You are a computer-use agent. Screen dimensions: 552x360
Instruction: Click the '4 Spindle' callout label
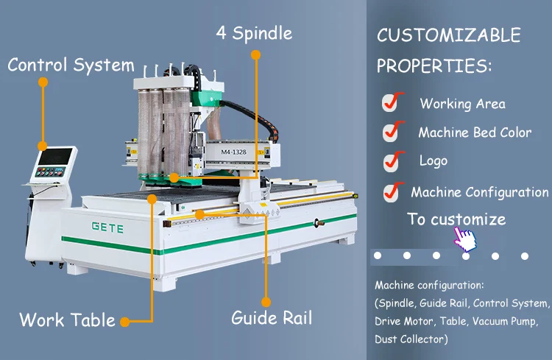click(x=254, y=33)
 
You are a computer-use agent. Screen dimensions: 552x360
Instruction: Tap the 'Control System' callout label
click(x=71, y=66)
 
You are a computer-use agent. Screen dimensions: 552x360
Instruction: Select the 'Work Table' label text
click(x=67, y=320)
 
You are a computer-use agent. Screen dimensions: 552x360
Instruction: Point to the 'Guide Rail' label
click(x=272, y=318)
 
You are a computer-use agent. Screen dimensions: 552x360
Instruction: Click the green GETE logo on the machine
click(x=107, y=227)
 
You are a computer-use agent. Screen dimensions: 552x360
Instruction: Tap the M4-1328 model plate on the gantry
click(x=234, y=152)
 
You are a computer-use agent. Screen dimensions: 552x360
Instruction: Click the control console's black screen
click(x=55, y=156)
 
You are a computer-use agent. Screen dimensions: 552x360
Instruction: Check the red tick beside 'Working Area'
click(x=392, y=102)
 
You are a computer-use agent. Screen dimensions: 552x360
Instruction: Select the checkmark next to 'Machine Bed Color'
click(x=393, y=131)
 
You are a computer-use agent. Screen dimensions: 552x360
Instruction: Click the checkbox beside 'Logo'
click(x=393, y=161)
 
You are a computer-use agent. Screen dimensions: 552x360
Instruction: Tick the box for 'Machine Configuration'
click(x=393, y=192)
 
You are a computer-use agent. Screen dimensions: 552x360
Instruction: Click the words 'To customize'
click(x=456, y=219)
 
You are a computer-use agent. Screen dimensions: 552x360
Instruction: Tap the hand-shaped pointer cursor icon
click(x=465, y=239)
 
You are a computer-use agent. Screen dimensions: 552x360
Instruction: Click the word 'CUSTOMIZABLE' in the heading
click(x=449, y=35)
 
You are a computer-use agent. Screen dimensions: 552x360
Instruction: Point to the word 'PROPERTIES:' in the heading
click(x=434, y=66)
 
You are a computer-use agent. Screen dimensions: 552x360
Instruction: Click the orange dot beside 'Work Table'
click(x=124, y=322)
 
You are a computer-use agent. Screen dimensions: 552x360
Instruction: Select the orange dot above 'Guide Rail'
click(x=266, y=303)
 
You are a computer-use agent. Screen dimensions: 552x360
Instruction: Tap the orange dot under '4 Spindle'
click(x=256, y=55)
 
